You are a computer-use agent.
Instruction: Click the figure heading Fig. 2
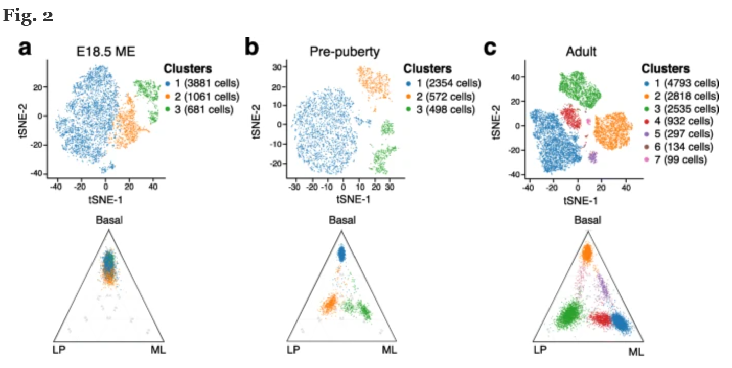pyautogui.click(x=28, y=16)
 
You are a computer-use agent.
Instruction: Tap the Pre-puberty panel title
pyautogui.click(x=342, y=52)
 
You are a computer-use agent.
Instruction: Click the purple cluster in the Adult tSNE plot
pyautogui.click(x=593, y=157)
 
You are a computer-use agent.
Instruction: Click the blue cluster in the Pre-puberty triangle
pyautogui.click(x=341, y=253)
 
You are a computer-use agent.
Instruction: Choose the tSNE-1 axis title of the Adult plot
pyautogui.click(x=579, y=200)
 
